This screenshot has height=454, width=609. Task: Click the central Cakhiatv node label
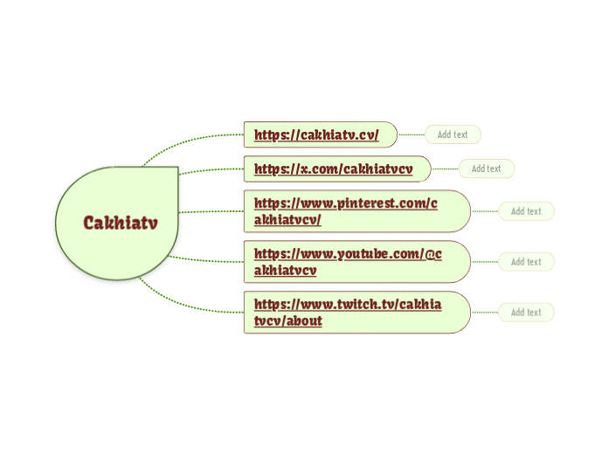pos(121,224)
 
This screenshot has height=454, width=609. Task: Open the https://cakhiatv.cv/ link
pos(315,135)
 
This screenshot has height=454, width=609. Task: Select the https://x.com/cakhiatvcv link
pos(333,169)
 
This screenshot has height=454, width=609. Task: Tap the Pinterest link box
pos(345,211)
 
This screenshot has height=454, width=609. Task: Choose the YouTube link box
pos(347,262)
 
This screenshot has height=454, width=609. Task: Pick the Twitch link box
pos(347,313)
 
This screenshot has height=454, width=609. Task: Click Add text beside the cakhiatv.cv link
pos(453,135)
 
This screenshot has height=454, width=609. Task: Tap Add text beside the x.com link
pos(487,169)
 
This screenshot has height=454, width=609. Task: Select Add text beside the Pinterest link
pos(526,211)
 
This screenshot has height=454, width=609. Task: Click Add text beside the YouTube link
pos(526,262)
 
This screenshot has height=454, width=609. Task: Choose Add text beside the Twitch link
pos(526,313)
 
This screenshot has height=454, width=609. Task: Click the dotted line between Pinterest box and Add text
pos(485,211)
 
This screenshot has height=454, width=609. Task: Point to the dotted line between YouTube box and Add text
pos(485,262)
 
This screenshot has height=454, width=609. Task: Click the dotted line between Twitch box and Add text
pos(485,313)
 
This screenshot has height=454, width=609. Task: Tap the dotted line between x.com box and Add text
pos(445,169)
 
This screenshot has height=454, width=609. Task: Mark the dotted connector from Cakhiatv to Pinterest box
pos(211,211)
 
